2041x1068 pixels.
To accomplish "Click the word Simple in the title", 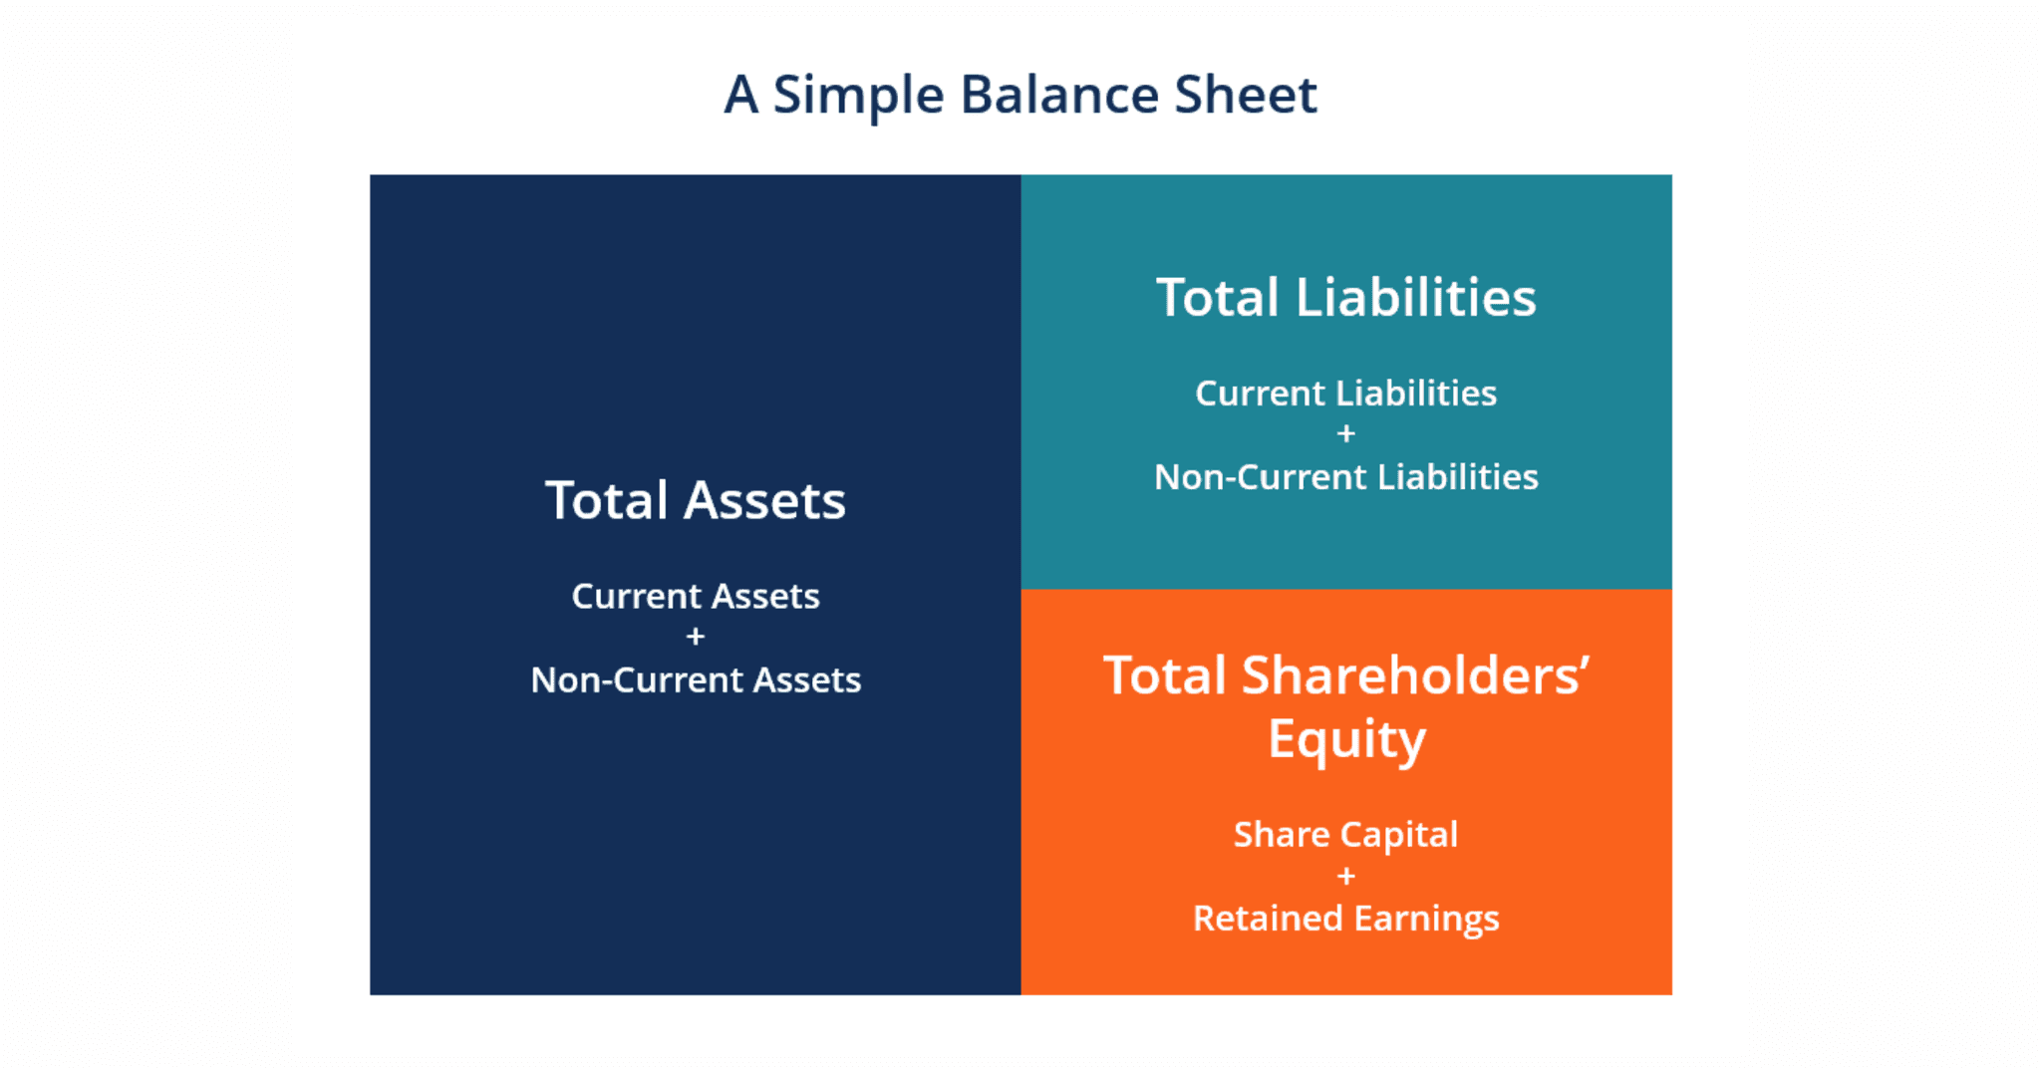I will [x=858, y=96].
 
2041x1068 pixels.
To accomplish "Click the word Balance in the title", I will [x=1059, y=96].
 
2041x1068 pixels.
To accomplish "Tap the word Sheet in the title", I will [x=1245, y=96].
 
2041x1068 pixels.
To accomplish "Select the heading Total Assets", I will [x=695, y=500].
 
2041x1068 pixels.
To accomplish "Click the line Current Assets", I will [x=695, y=596].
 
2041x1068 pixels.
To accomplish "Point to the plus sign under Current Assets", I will [x=696, y=636].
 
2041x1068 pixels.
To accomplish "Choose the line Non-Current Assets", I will [x=695, y=679].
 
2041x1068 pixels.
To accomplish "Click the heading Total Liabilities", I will [x=1345, y=297].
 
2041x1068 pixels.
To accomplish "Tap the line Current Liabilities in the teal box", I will [x=1345, y=394].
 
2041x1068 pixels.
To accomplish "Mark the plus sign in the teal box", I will [x=1345, y=433].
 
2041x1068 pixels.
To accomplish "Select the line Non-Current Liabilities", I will [x=1345, y=477].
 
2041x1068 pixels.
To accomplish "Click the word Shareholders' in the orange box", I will [x=1415, y=676].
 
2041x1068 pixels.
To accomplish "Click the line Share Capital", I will [x=1345, y=835].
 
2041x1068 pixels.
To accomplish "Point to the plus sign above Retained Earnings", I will [x=1345, y=876].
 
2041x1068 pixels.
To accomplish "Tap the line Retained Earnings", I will [x=1345, y=918].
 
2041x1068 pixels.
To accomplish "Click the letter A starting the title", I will [x=740, y=96].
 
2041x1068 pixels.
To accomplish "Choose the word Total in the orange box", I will [x=1164, y=676].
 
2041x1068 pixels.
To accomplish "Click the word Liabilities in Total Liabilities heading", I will [x=1415, y=297].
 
